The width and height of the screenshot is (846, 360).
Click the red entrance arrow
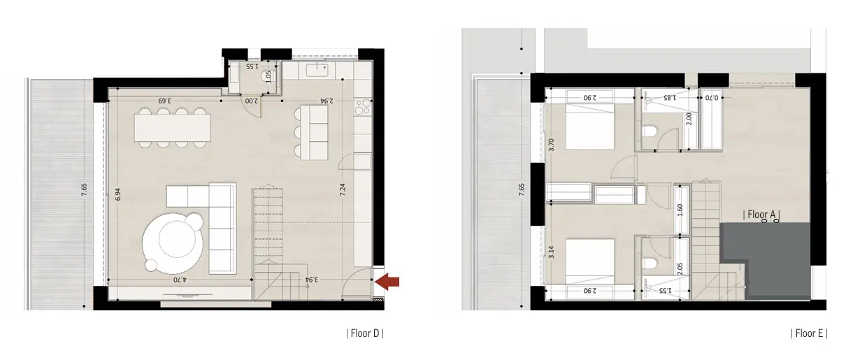point(388,282)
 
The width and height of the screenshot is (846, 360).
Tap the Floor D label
point(365,333)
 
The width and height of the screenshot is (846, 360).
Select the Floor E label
point(809,333)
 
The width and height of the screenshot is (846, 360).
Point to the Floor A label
point(761,215)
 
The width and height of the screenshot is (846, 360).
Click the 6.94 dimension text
point(118,194)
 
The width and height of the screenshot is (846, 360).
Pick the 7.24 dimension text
point(343,189)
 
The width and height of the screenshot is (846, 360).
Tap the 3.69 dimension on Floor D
point(165,101)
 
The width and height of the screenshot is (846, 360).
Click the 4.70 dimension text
point(180,280)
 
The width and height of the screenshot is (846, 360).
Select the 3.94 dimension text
point(311,280)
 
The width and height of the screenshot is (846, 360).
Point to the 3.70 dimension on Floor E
point(551,145)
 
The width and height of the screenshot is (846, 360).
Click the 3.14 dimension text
point(551,252)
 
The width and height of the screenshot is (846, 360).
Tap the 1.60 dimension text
point(680,210)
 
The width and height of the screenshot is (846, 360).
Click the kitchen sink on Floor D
point(317,71)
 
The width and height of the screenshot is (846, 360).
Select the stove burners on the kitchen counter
point(364,106)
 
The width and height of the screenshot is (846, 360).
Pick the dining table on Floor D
point(172,128)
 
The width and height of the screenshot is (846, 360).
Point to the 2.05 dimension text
point(680,268)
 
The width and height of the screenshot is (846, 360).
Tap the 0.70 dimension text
point(712,98)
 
